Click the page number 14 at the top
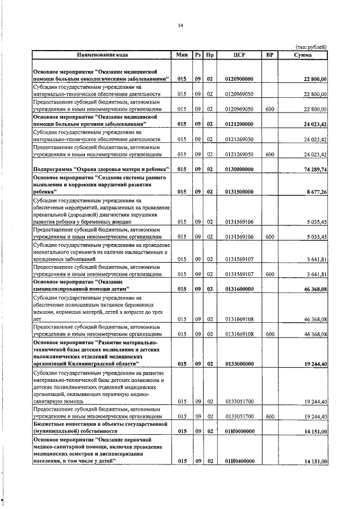181,25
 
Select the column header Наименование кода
102,55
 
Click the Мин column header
181,55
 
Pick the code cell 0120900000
239,80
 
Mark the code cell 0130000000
239,169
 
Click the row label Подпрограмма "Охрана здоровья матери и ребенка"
97,169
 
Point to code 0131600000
239,289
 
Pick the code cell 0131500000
239,192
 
